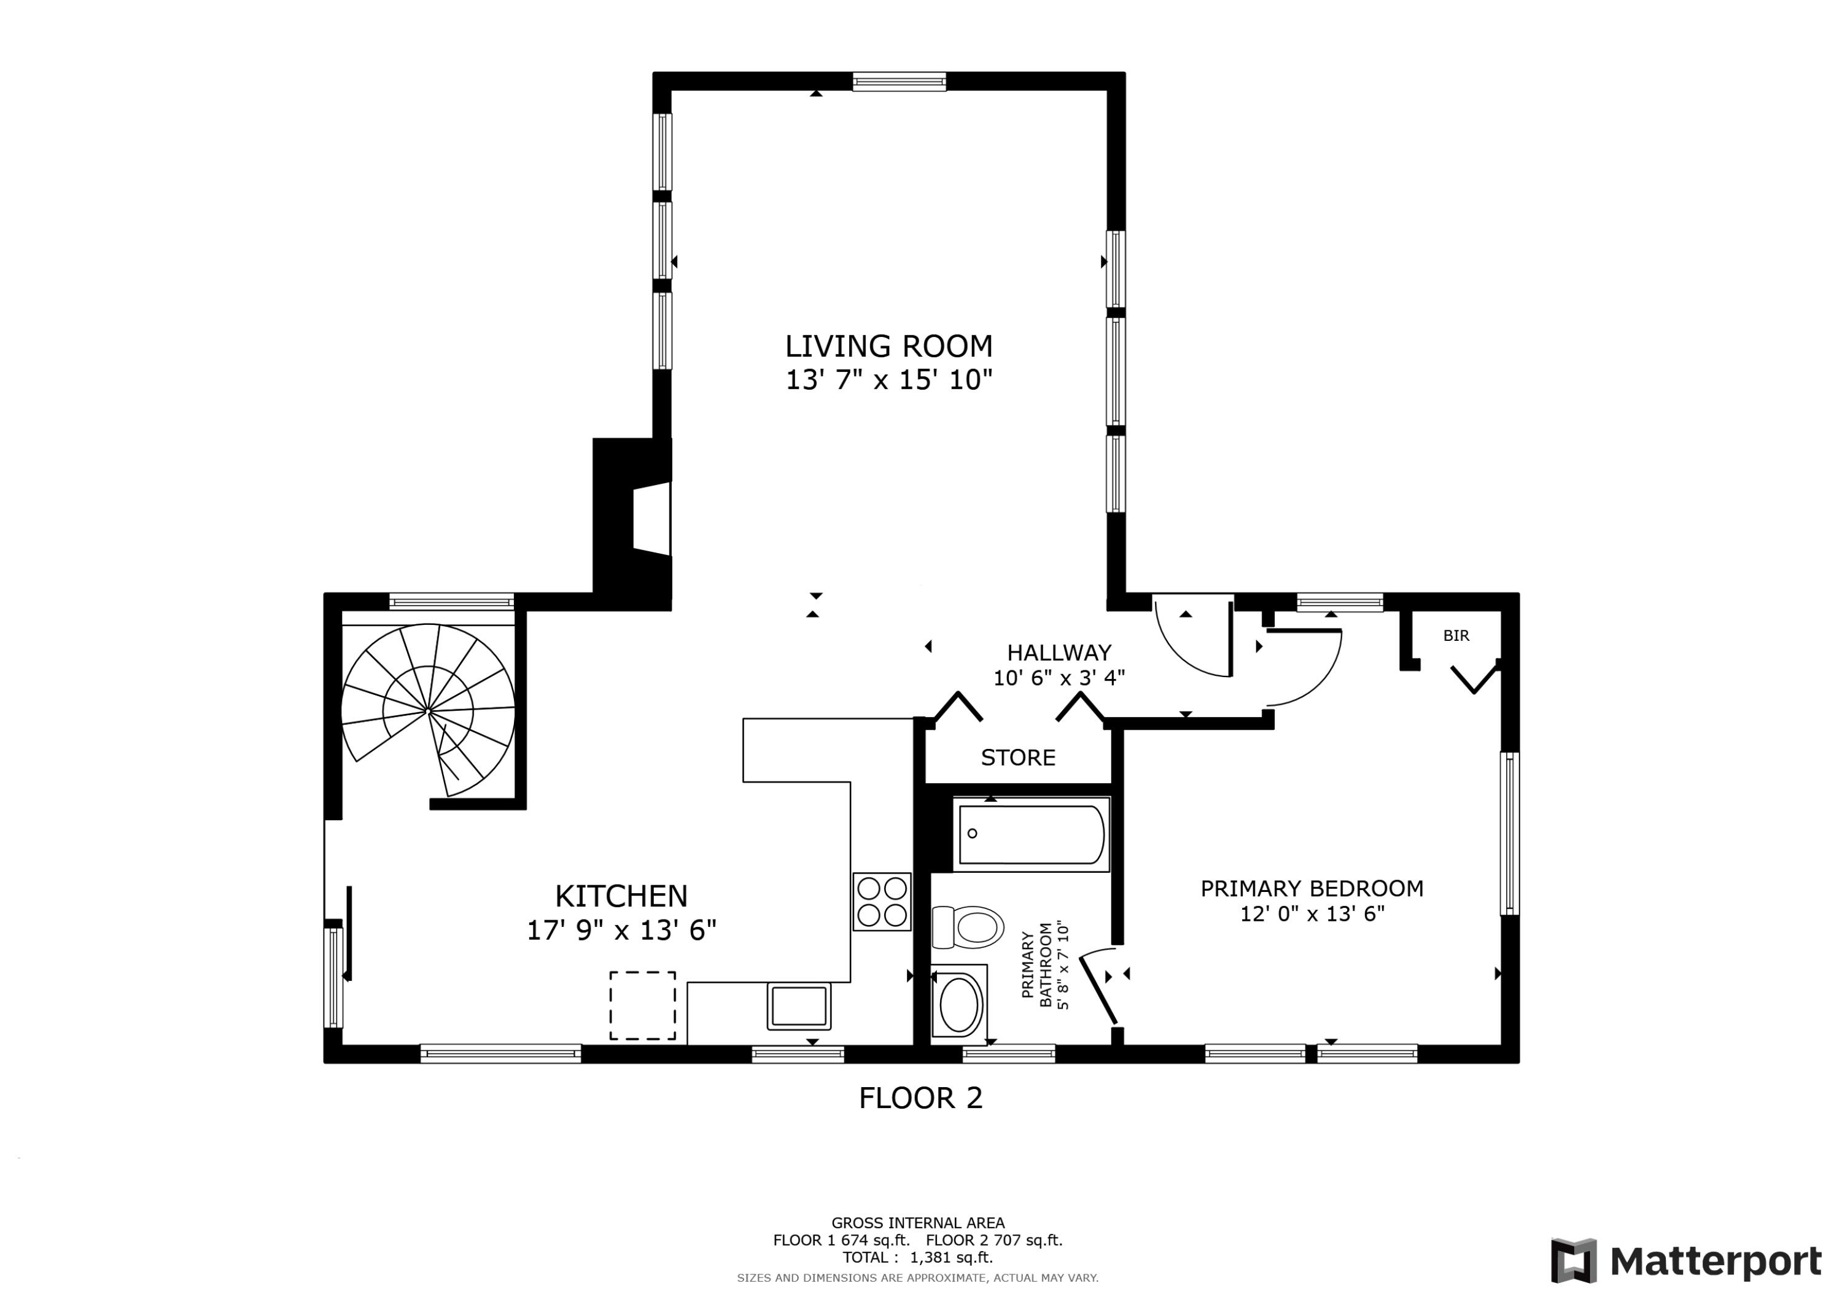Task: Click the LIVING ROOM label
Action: coord(888,346)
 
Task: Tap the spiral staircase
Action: coord(429,710)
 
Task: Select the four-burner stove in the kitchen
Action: coord(882,901)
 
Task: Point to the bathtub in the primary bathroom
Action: coord(1031,834)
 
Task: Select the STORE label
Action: coord(1018,758)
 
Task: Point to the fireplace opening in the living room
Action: coord(652,519)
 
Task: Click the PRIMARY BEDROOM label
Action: coord(1312,889)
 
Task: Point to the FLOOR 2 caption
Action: coord(920,1098)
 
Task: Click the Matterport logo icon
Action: coord(1573,1261)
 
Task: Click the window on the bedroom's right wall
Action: coord(1509,832)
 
